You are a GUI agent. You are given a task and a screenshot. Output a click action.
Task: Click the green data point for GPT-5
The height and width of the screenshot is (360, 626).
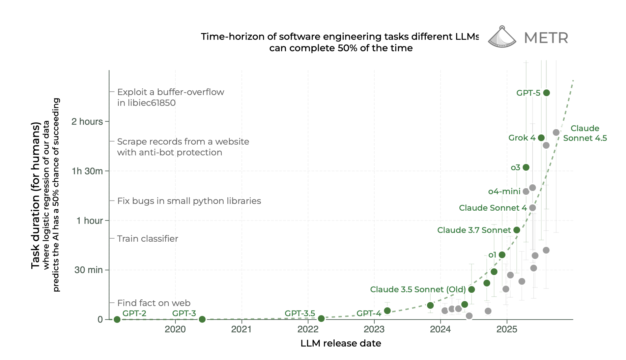click(x=546, y=93)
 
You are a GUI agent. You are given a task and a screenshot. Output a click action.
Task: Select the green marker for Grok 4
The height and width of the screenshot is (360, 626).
click(x=541, y=138)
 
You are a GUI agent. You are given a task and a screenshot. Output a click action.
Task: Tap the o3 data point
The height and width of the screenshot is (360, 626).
click(x=526, y=167)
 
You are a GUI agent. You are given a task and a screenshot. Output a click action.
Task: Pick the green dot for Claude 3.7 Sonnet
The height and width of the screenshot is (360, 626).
click(x=517, y=230)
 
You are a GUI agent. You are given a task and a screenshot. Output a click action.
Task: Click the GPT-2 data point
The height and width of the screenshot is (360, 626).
click(x=117, y=319)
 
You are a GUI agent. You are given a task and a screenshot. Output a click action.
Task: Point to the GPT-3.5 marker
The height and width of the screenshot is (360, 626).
click(x=321, y=319)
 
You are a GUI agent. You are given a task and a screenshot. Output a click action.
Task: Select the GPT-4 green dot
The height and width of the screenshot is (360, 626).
click(x=388, y=311)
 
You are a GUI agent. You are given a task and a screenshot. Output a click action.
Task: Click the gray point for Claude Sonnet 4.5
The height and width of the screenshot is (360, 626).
click(x=556, y=132)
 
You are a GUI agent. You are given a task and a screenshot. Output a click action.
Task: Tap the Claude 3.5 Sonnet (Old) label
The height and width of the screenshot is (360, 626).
click(x=418, y=290)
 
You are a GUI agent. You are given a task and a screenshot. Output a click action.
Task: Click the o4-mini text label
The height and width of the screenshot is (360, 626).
click(x=504, y=191)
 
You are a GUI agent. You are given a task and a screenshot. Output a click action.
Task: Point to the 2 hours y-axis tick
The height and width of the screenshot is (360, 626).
click(x=87, y=122)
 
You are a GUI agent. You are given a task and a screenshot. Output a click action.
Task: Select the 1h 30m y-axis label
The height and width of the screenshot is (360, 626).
click(x=87, y=171)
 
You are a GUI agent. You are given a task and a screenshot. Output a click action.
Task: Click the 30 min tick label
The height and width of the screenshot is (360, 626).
click(x=88, y=270)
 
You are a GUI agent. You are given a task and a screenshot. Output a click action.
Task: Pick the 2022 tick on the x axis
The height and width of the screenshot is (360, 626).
click(x=308, y=329)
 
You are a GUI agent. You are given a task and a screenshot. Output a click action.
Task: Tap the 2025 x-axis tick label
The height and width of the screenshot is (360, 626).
click(x=507, y=329)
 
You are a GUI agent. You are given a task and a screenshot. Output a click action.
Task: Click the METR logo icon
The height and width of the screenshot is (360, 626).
click(x=502, y=37)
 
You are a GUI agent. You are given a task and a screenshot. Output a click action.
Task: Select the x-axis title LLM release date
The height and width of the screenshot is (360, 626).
click(x=341, y=343)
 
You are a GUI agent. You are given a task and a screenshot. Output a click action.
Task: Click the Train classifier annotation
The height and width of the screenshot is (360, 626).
click(x=147, y=239)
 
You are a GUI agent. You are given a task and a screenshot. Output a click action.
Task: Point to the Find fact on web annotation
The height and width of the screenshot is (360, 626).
click(x=153, y=303)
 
